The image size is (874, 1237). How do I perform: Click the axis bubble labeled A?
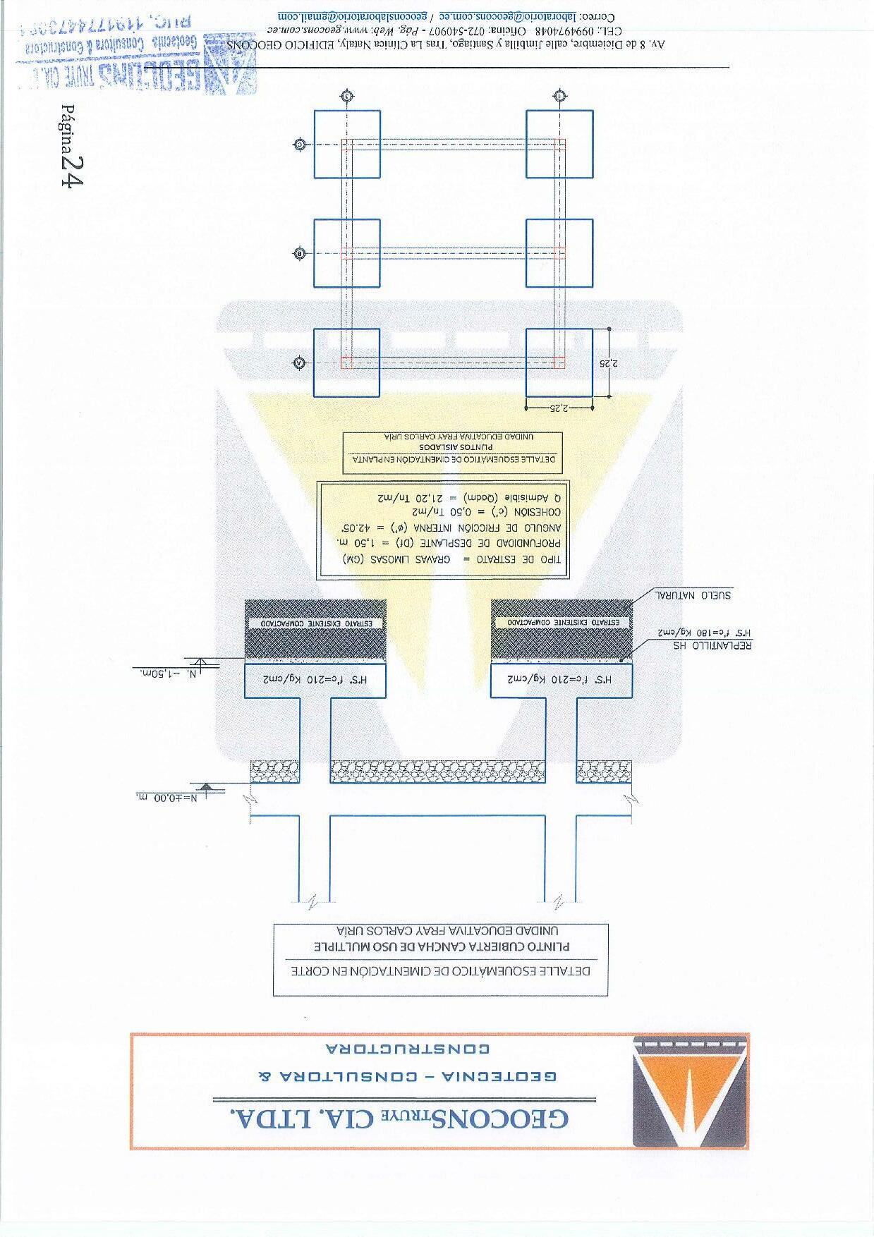click(299, 362)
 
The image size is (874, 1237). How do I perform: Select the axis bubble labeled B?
click(299, 253)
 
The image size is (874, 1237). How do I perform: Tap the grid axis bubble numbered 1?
click(559, 95)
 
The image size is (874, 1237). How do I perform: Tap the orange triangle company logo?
click(689, 1090)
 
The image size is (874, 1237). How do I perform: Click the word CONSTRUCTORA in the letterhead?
click(407, 1048)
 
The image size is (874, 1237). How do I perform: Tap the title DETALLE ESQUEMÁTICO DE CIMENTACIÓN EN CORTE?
click(442, 970)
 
